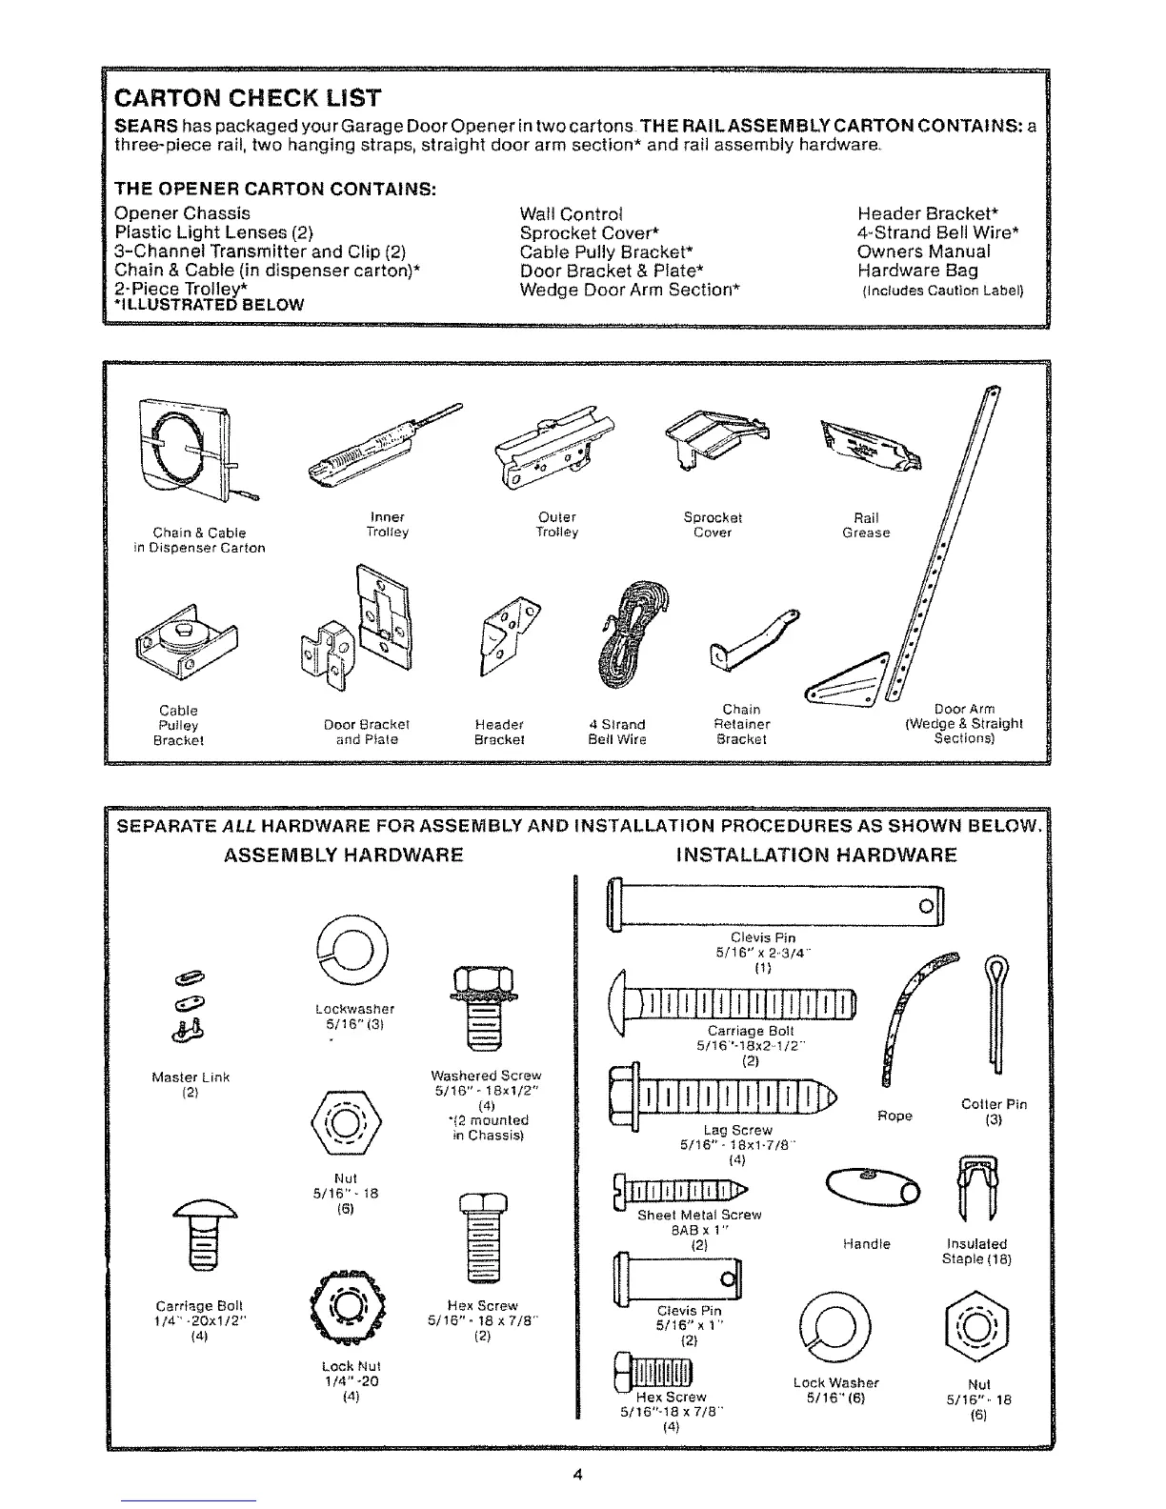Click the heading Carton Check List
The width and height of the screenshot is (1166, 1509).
point(248,98)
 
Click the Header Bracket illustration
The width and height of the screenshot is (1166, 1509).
point(507,634)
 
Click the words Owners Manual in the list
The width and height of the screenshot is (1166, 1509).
point(923,251)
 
